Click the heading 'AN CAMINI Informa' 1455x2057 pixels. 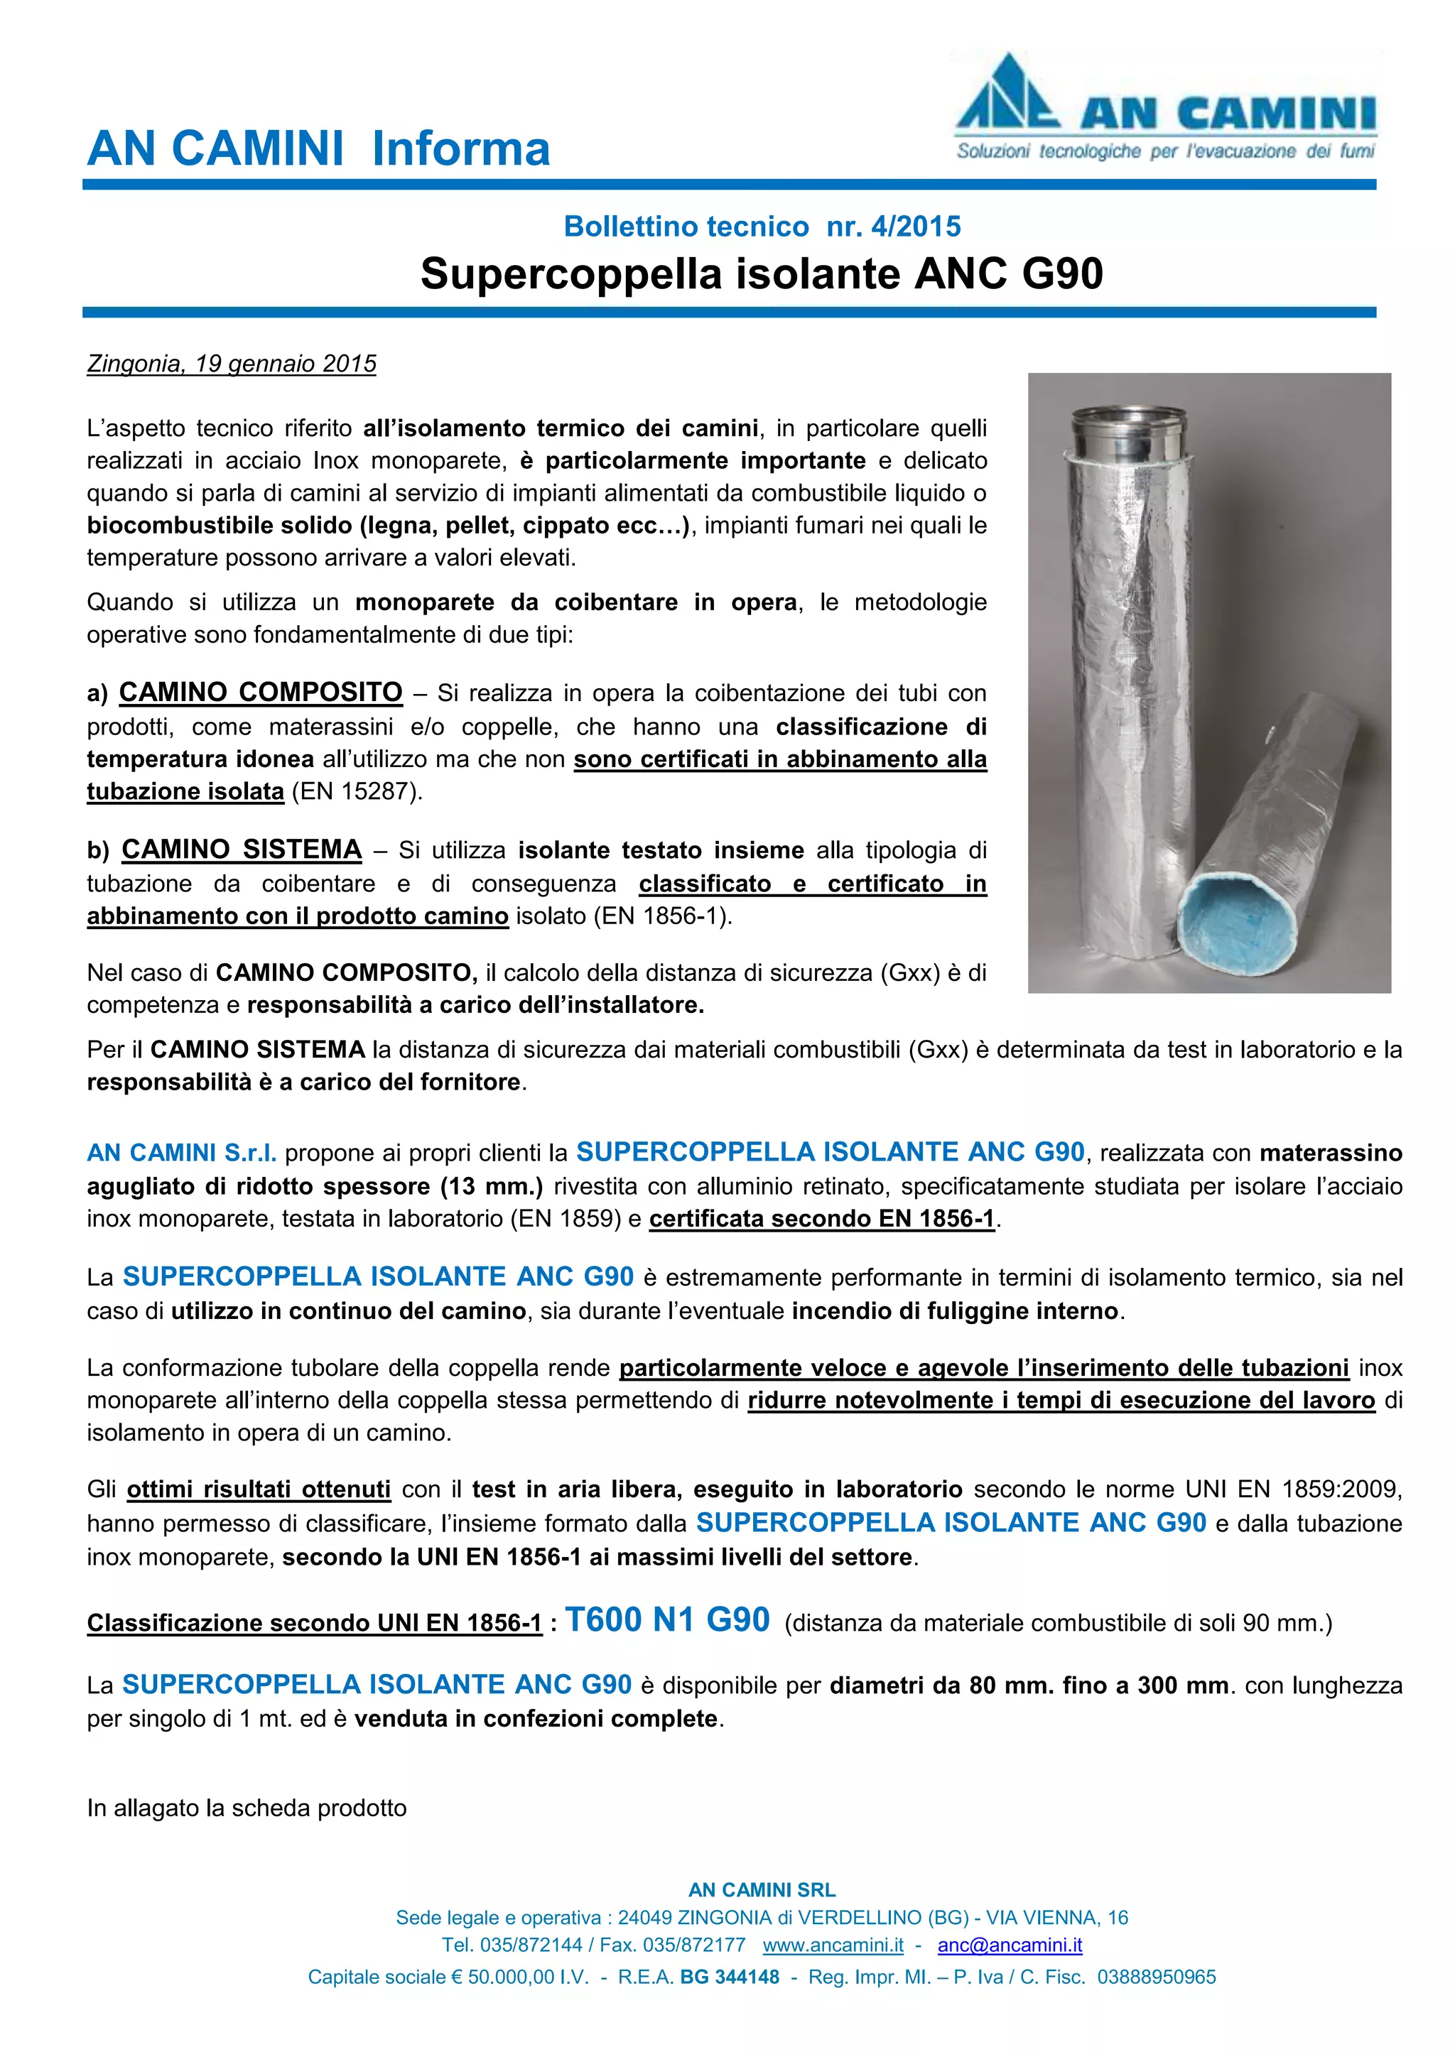pos(318,148)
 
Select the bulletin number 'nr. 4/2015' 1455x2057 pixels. pos(893,227)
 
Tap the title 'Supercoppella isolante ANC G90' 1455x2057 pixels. pos(762,273)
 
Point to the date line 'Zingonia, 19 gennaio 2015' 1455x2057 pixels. pos(231,364)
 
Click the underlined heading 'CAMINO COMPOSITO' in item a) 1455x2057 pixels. pos(261,693)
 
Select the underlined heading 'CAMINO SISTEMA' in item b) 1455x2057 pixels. pos(242,850)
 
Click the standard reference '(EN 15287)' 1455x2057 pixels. pos(357,792)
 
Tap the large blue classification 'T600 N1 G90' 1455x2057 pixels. pos(668,1619)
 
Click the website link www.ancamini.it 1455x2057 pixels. pos(833,1945)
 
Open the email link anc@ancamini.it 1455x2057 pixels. pos(1010,1945)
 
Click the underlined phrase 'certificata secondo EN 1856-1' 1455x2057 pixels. pos(821,1220)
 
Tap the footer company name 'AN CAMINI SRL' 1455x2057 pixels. pos(762,1889)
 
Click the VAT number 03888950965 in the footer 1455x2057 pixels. pos(1157,1976)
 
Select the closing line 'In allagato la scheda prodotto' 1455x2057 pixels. pos(247,1808)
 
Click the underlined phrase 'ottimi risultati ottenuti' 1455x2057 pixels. pos(259,1490)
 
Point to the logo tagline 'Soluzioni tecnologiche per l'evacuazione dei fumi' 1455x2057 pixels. pos(1164,151)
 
